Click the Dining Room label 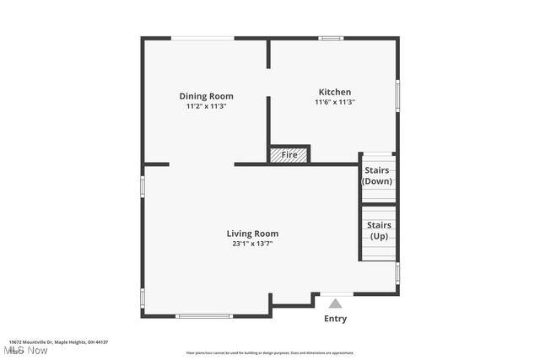pos(206,96)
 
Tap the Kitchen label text pos(334,92)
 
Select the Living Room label pos(252,234)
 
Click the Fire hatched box pos(289,154)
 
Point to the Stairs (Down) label pos(377,175)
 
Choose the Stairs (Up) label pos(380,230)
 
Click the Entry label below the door pos(335,319)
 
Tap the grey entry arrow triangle pos(335,303)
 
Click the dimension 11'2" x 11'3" pos(206,107)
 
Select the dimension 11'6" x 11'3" pos(334,103)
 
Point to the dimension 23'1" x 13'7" pos(252,244)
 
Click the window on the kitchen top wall pos(331,38)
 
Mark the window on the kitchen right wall pos(397,94)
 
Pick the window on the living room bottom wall pos(203,316)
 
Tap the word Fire pos(289,155)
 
